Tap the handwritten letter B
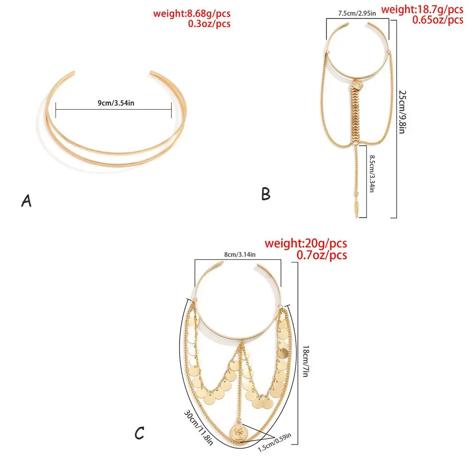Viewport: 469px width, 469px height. (x=266, y=193)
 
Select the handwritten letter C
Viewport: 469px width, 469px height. (x=139, y=434)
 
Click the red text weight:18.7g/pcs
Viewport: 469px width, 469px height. (x=422, y=9)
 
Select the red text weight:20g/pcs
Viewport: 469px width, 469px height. (x=306, y=243)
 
